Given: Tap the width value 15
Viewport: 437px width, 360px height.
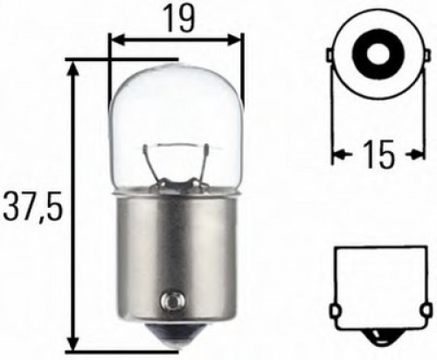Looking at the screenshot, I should (x=365, y=156).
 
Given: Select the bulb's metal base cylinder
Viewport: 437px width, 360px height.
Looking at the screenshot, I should (x=174, y=253).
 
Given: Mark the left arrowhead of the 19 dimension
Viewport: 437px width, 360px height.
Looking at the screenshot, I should (x=114, y=40).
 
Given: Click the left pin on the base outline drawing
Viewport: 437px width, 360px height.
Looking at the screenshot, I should (x=336, y=311).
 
